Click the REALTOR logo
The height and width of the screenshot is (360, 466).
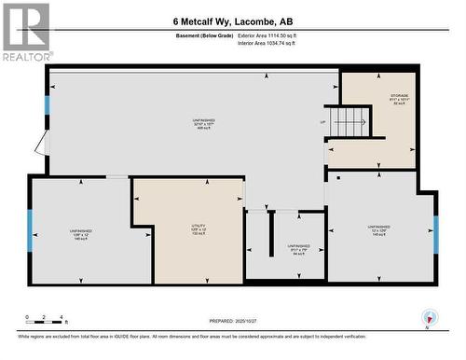26,32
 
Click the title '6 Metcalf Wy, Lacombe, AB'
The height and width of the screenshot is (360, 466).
233,21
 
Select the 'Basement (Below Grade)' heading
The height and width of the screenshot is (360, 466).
204,35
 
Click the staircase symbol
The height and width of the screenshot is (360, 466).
350,121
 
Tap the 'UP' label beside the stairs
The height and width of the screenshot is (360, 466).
323,122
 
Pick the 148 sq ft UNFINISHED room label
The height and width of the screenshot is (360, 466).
80,233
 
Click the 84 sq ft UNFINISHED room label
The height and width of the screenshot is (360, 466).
299,249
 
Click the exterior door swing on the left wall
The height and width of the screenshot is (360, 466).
39,145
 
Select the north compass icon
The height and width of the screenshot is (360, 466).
428,317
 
